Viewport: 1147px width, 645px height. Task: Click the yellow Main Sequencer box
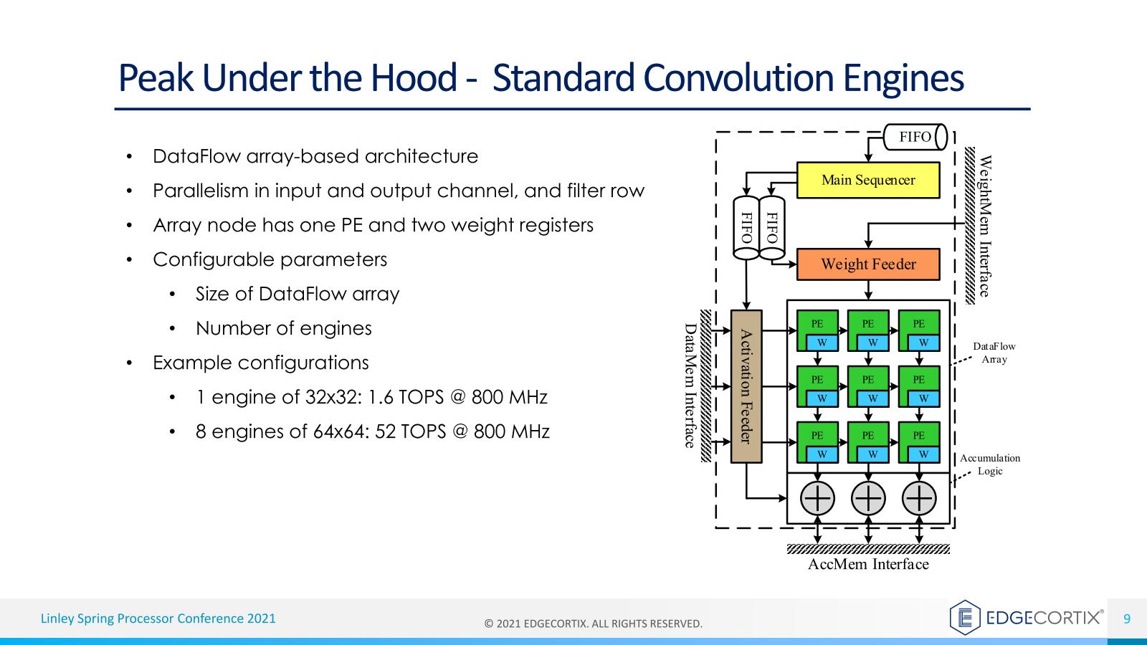pyautogui.click(x=868, y=180)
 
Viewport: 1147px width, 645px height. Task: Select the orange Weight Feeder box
pyautogui.click(x=868, y=264)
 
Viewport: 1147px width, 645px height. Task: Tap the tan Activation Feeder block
pyautogui.click(x=746, y=386)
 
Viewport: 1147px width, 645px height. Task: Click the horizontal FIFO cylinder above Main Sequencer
pyautogui.click(x=915, y=137)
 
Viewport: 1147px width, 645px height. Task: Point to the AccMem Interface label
pyautogui.click(x=868, y=565)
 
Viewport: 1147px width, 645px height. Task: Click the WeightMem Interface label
pyautogui.click(x=986, y=226)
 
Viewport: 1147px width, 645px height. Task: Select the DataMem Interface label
pyautogui.click(x=690, y=386)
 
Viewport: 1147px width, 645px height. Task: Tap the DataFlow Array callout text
pyautogui.click(x=994, y=353)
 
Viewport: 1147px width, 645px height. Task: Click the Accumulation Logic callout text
pyautogui.click(x=990, y=464)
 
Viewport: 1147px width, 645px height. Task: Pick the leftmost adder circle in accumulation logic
pyautogui.click(x=817, y=497)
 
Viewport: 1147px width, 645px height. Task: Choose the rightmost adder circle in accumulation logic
pyautogui.click(x=919, y=497)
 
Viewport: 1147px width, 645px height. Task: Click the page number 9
pyautogui.click(x=1127, y=618)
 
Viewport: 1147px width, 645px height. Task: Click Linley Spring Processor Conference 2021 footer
pyautogui.click(x=158, y=618)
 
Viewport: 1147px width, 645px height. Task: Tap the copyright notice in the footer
pyautogui.click(x=594, y=623)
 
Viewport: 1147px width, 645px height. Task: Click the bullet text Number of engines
pyautogui.click(x=284, y=328)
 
